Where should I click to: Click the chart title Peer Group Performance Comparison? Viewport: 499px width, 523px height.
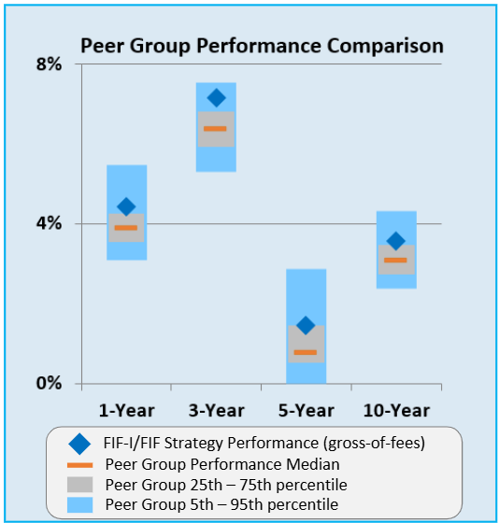[x=262, y=46]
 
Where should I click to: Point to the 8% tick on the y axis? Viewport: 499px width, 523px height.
[x=49, y=64]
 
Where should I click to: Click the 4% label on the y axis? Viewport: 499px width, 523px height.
[x=49, y=223]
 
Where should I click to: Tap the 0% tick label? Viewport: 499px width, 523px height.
[x=49, y=383]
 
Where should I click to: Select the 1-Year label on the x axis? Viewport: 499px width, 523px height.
[x=127, y=410]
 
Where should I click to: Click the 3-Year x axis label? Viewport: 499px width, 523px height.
[x=216, y=410]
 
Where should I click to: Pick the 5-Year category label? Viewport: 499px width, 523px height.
[x=306, y=410]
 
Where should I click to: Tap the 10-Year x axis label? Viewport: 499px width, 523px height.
[x=395, y=410]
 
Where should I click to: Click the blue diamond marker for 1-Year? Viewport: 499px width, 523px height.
[x=126, y=206]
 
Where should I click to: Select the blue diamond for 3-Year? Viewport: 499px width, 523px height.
[x=216, y=98]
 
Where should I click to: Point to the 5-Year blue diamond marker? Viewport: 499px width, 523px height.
[x=306, y=325]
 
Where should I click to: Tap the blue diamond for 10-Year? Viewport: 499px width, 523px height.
[x=395, y=241]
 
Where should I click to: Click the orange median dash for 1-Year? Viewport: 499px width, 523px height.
[x=126, y=228]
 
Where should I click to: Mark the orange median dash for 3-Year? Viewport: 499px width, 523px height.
[x=216, y=129]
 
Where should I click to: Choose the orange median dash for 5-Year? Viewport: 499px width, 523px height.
[x=306, y=352]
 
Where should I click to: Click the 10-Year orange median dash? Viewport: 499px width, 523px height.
[x=395, y=260]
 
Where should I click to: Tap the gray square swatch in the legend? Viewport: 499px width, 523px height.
[x=81, y=485]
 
